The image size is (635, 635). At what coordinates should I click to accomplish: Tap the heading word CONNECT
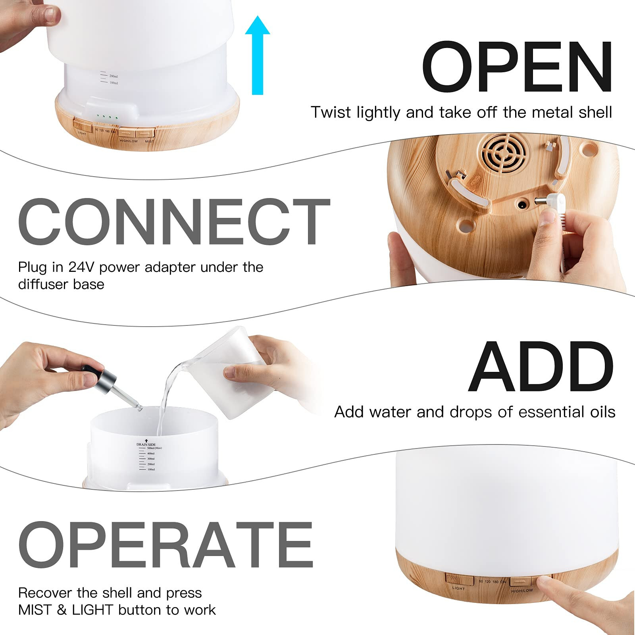(x=174, y=222)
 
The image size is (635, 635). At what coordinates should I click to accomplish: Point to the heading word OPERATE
(x=166, y=546)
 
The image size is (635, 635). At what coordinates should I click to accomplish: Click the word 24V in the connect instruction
(x=81, y=267)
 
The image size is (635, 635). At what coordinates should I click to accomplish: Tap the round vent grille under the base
(x=504, y=153)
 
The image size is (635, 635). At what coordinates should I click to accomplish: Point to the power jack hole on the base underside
(x=521, y=205)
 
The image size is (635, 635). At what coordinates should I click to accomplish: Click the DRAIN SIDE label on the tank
(x=146, y=444)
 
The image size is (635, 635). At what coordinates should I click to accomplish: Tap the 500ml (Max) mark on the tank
(x=154, y=448)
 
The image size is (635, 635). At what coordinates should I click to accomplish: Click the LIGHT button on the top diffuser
(x=83, y=123)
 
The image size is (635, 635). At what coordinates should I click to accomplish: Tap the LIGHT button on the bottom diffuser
(x=459, y=579)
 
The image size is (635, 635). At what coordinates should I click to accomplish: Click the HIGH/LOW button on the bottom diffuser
(x=522, y=582)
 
